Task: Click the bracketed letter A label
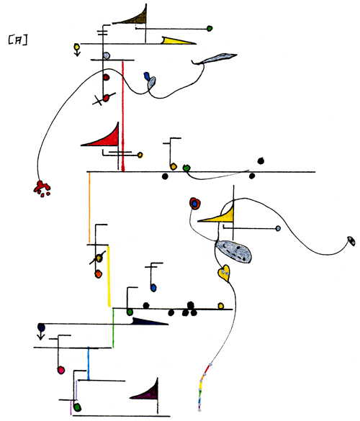[18, 40]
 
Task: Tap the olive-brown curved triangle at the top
[135, 18]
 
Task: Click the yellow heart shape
[224, 273]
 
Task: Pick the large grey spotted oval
[234, 251]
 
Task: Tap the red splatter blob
[42, 189]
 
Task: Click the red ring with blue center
[195, 203]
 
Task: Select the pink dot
[61, 370]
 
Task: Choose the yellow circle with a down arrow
[77, 50]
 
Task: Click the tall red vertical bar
[123, 117]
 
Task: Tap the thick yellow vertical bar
[109, 276]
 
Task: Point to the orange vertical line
[89, 208]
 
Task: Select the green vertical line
[113, 328]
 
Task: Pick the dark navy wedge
[150, 321]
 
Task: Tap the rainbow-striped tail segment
[203, 387]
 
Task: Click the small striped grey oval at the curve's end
[351, 240]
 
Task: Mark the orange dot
[99, 274]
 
